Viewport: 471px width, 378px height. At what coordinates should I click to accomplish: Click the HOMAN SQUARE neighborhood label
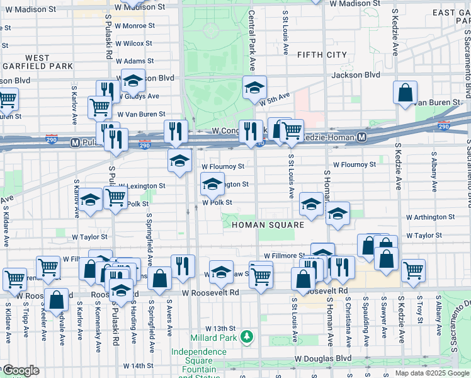[268, 225]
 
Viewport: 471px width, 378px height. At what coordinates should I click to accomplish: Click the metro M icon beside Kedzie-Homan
[362, 137]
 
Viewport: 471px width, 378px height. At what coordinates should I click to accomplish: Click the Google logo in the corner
[20, 370]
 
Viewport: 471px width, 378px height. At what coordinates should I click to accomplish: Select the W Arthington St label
[430, 217]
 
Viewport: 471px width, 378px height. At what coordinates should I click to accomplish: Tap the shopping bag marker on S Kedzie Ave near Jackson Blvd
[405, 91]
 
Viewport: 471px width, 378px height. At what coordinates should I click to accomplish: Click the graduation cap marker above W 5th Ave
[254, 87]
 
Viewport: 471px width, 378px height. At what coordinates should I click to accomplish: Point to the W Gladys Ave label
[139, 96]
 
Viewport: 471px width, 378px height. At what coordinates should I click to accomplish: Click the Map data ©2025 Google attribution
[431, 373]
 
